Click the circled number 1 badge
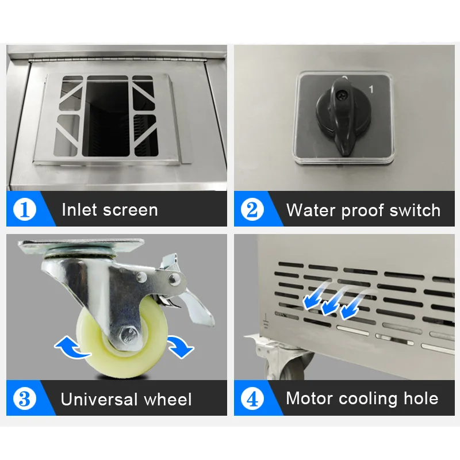click(x=25, y=209)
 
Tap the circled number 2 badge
click(x=252, y=209)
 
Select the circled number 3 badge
click(x=25, y=398)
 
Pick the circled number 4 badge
click(x=252, y=398)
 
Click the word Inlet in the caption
click(x=79, y=210)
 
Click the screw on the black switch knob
click(x=341, y=94)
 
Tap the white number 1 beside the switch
click(x=371, y=89)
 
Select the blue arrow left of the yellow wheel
click(x=72, y=347)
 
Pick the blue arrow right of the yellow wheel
click(x=180, y=346)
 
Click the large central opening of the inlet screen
click(x=106, y=117)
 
